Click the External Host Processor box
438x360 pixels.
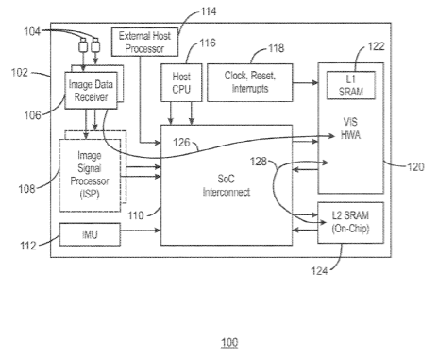pos(144,42)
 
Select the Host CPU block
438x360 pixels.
pos(181,82)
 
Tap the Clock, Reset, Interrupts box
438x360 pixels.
pos(250,82)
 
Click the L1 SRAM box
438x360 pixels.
pos(351,85)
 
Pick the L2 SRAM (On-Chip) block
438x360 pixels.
pos(351,223)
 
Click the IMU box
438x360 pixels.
pos(90,234)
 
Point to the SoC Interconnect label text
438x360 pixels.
pos(227,185)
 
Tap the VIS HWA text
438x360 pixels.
pos(350,129)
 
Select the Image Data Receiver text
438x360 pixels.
pos(91,91)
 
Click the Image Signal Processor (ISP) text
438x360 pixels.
pos(90,175)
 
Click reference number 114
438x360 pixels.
pos(209,11)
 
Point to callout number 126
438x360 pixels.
pos(181,143)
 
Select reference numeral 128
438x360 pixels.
pos(259,162)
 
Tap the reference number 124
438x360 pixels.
pos(319,270)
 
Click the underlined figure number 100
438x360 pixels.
pos(229,342)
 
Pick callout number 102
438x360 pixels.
pos(20,73)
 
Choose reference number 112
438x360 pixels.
pos(28,246)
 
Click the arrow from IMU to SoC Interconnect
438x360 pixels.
pos(141,231)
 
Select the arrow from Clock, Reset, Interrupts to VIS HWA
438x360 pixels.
pos(306,83)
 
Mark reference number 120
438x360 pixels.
pos(415,166)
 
